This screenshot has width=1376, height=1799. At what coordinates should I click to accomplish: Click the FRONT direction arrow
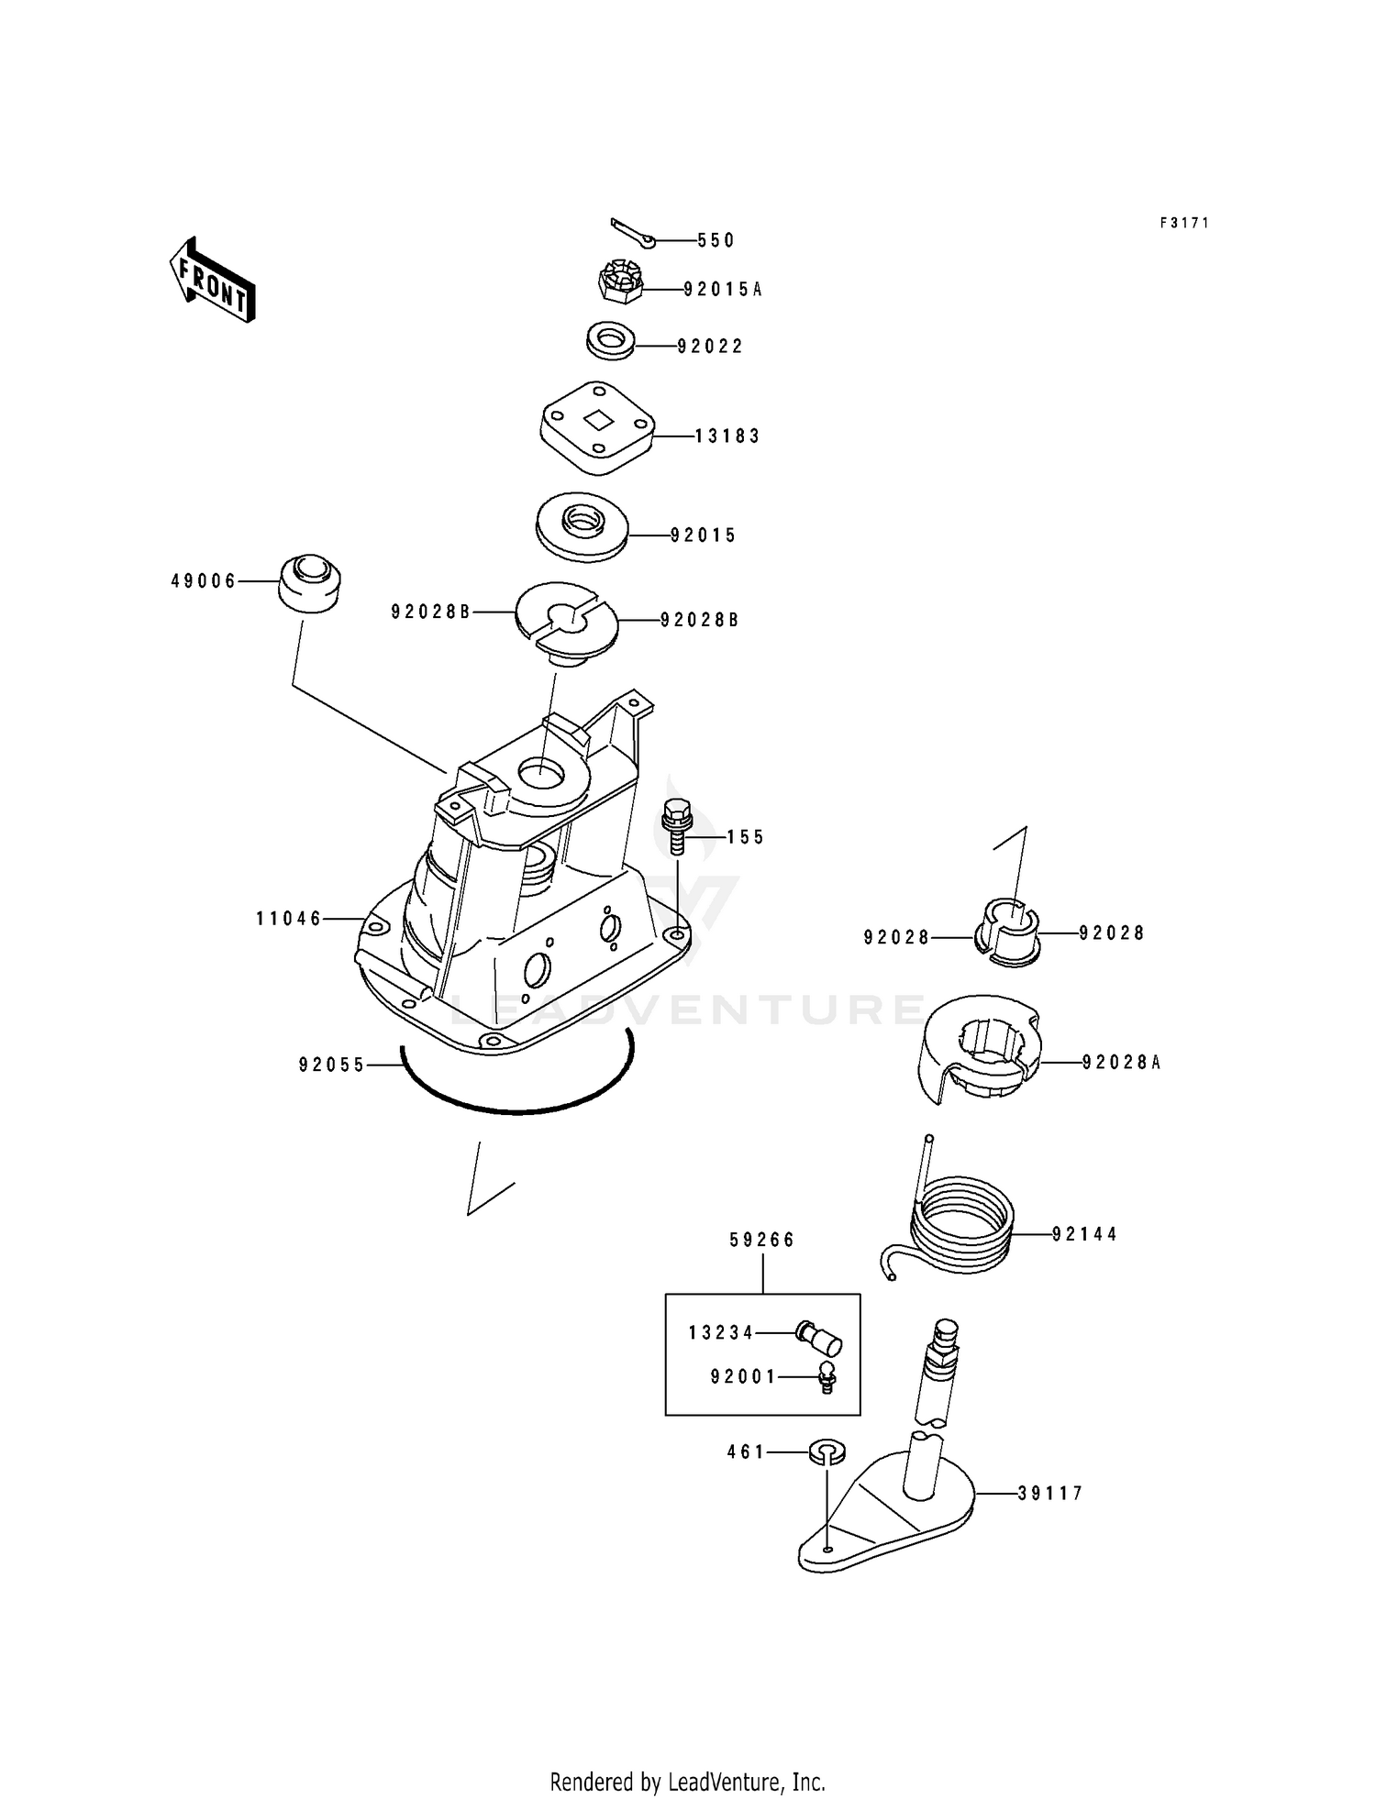point(212,280)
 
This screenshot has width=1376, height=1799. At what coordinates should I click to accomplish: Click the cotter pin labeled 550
point(633,233)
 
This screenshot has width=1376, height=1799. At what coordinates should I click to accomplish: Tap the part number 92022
point(710,347)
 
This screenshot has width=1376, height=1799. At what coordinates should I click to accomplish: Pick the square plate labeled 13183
point(596,427)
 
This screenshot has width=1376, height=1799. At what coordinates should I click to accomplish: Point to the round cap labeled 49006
point(309,582)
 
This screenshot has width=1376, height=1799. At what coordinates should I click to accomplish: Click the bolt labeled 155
point(677,826)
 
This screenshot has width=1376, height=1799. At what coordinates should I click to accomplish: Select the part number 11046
point(289,918)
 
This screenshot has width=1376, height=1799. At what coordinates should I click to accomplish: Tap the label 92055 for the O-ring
point(332,1065)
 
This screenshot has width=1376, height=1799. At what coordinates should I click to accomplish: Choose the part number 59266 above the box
point(762,1240)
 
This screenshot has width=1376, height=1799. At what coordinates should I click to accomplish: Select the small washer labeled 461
point(827,1452)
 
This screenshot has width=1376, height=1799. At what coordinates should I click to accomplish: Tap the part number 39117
point(1050,1494)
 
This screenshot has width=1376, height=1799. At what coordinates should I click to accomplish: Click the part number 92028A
point(1122,1063)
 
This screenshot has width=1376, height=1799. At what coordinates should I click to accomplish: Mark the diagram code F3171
point(1184,223)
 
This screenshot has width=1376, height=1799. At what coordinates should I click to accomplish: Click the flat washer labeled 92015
point(583,527)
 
